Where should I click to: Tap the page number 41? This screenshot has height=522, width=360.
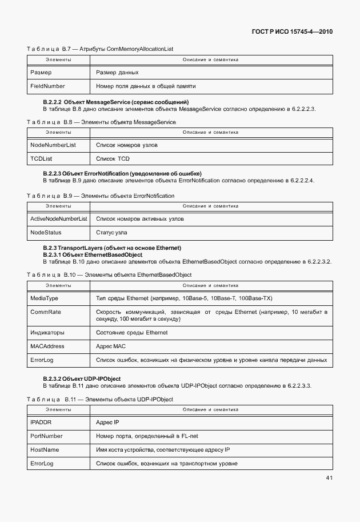point(329,477)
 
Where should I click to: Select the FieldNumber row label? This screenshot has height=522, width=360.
point(47,86)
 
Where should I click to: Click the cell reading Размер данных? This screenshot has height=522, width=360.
point(117,73)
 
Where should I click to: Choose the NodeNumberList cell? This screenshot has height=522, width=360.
point(53,145)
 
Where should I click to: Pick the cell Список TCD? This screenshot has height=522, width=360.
point(113,158)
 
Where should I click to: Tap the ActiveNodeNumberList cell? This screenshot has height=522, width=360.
point(58,219)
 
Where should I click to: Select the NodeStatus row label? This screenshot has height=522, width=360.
point(46,233)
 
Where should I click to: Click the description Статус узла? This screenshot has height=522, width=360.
point(112,233)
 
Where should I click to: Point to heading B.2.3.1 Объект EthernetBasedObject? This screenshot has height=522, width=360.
point(93,254)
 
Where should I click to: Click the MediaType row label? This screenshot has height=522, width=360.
point(44,298)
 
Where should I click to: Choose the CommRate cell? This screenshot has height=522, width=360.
point(45,312)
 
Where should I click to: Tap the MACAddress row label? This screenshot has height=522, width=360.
point(47,346)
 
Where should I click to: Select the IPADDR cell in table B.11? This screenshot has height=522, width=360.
point(41,423)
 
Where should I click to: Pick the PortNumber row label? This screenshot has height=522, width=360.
point(46,436)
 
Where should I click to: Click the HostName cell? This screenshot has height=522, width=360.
point(44,450)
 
